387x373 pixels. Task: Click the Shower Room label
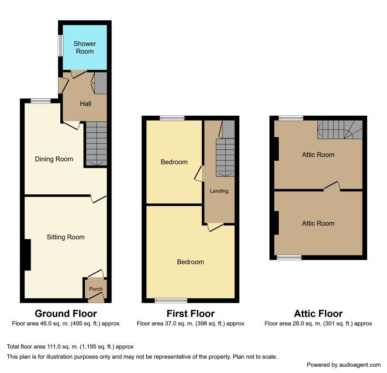(x=85, y=48)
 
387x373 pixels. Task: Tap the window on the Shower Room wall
(x=60, y=45)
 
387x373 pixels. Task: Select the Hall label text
(x=86, y=104)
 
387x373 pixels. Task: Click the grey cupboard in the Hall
(x=101, y=83)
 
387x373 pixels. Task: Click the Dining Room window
(x=41, y=101)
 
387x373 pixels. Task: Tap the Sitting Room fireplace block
(x=28, y=255)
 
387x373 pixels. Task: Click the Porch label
(x=96, y=289)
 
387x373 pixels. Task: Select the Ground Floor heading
(x=66, y=314)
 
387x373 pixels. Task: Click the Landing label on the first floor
(x=219, y=191)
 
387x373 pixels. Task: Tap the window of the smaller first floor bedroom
(x=172, y=118)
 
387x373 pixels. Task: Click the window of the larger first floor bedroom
(x=171, y=300)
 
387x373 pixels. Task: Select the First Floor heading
(x=190, y=314)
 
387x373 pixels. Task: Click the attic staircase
(x=340, y=130)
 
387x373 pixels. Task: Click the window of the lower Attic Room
(x=289, y=257)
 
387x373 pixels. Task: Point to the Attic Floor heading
(x=318, y=314)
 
